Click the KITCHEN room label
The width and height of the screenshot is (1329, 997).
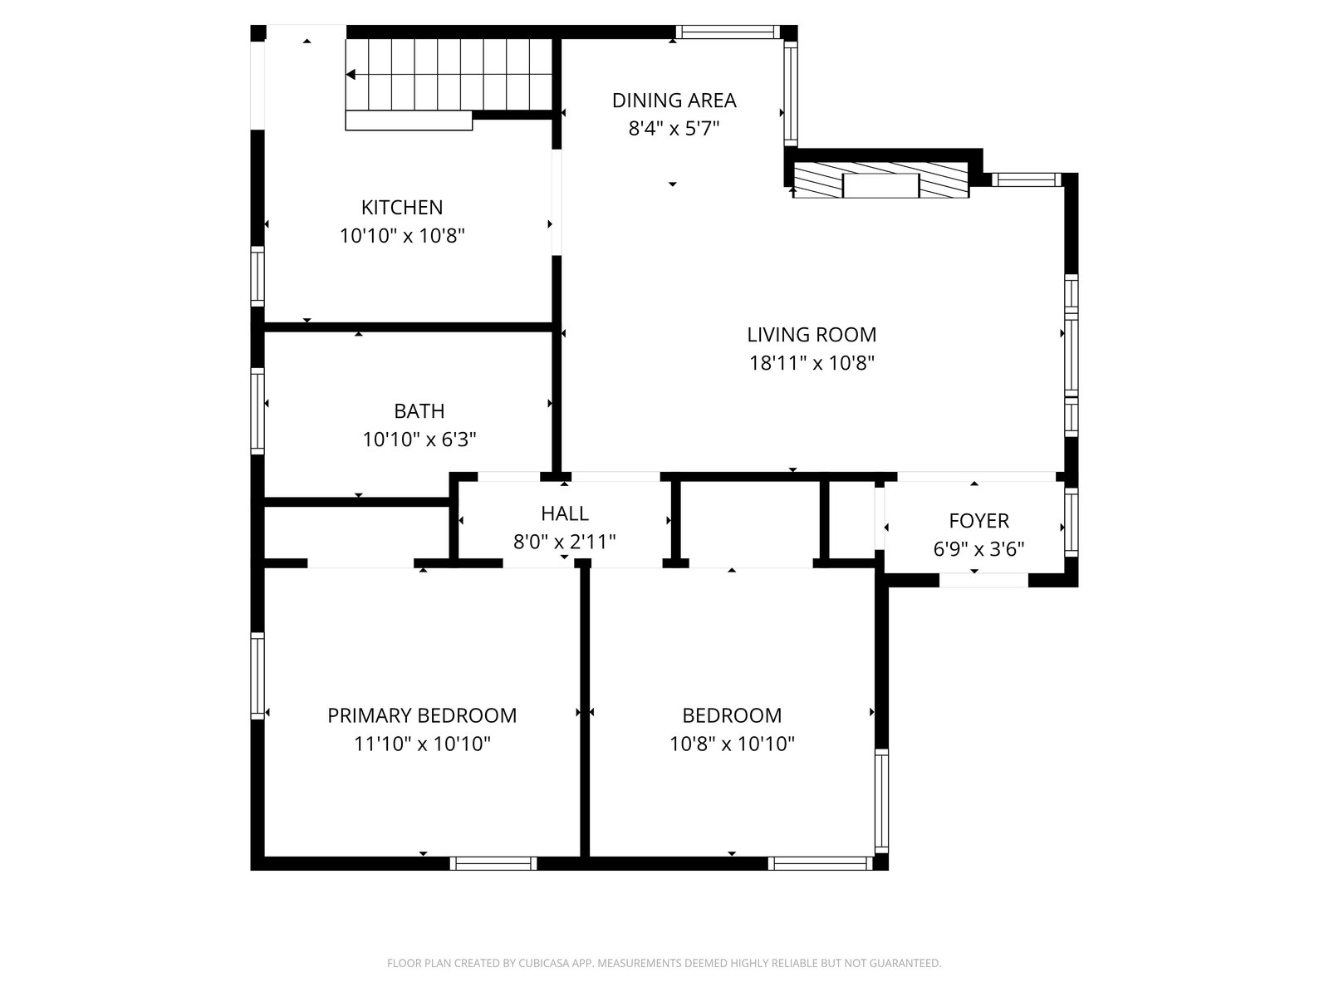tap(402, 208)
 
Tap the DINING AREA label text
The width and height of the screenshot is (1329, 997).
tap(674, 101)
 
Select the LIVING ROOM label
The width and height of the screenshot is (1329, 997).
tap(812, 335)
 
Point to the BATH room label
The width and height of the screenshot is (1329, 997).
tap(419, 411)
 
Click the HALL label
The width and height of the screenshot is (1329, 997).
tap(564, 513)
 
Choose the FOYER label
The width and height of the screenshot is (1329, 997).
tap(978, 521)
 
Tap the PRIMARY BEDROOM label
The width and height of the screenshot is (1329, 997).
tap(422, 715)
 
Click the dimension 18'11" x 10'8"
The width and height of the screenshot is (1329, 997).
tap(812, 363)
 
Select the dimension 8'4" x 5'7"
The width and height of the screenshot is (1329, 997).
tap(674, 129)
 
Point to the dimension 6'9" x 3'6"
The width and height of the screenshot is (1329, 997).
tap(978, 549)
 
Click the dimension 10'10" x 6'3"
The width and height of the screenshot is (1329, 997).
tap(419, 440)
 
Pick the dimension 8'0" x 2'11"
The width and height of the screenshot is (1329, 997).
tap(564, 541)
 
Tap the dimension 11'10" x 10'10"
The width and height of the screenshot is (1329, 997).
tap(422, 744)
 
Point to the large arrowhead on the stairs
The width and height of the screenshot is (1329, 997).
tap(351, 75)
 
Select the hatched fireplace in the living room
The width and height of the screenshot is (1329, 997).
tap(881, 179)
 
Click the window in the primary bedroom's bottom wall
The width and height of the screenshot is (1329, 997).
tap(493, 863)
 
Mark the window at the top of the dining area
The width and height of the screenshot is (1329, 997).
tap(728, 32)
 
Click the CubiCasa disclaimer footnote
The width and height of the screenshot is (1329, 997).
tap(664, 962)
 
